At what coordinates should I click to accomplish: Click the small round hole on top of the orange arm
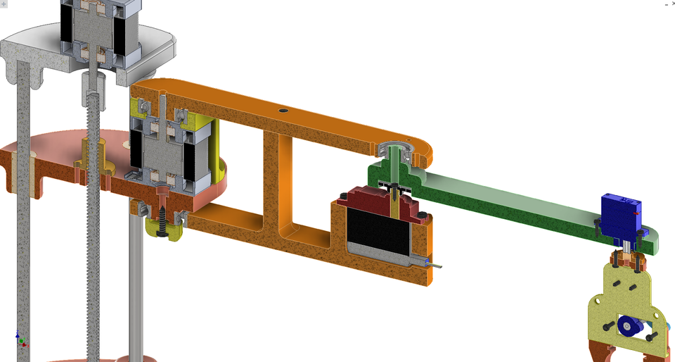[x=283, y=111]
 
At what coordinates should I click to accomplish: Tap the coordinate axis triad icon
[x=21, y=339]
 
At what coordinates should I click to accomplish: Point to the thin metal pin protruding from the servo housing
[x=436, y=266]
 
